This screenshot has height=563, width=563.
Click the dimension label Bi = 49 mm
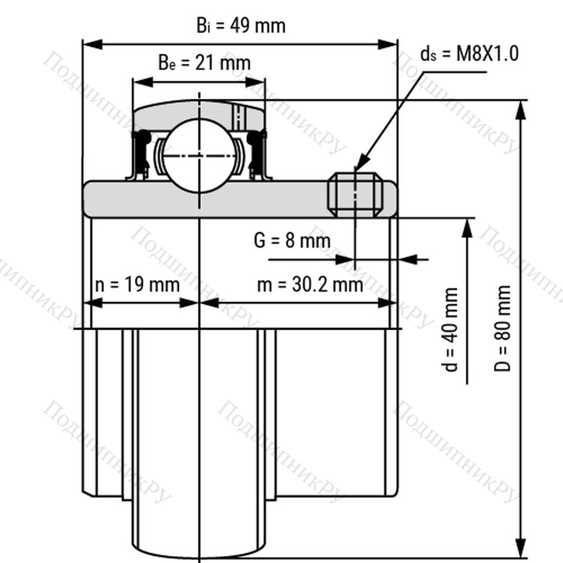tap(241, 26)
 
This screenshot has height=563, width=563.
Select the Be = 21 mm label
tap(205, 63)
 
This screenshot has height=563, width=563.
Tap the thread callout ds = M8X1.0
tap(470, 54)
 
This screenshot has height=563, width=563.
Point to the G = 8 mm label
tap(292, 240)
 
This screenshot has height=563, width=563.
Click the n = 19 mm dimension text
tap(138, 285)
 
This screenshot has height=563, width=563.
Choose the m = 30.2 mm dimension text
tap(310, 285)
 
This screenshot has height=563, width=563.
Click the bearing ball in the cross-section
tap(200, 156)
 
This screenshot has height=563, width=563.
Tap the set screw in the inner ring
tap(355, 195)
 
